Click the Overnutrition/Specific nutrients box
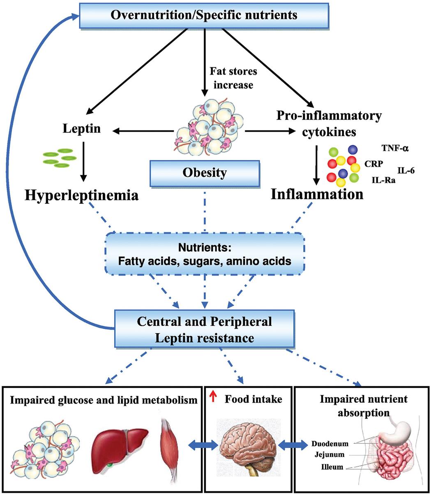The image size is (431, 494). coord(204,15)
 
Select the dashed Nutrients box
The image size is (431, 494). coord(204,254)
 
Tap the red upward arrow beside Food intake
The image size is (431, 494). coord(212,398)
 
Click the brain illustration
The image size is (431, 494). coord(248,446)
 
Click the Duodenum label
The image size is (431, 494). coord(330,444)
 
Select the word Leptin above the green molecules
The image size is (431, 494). coord(82,130)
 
